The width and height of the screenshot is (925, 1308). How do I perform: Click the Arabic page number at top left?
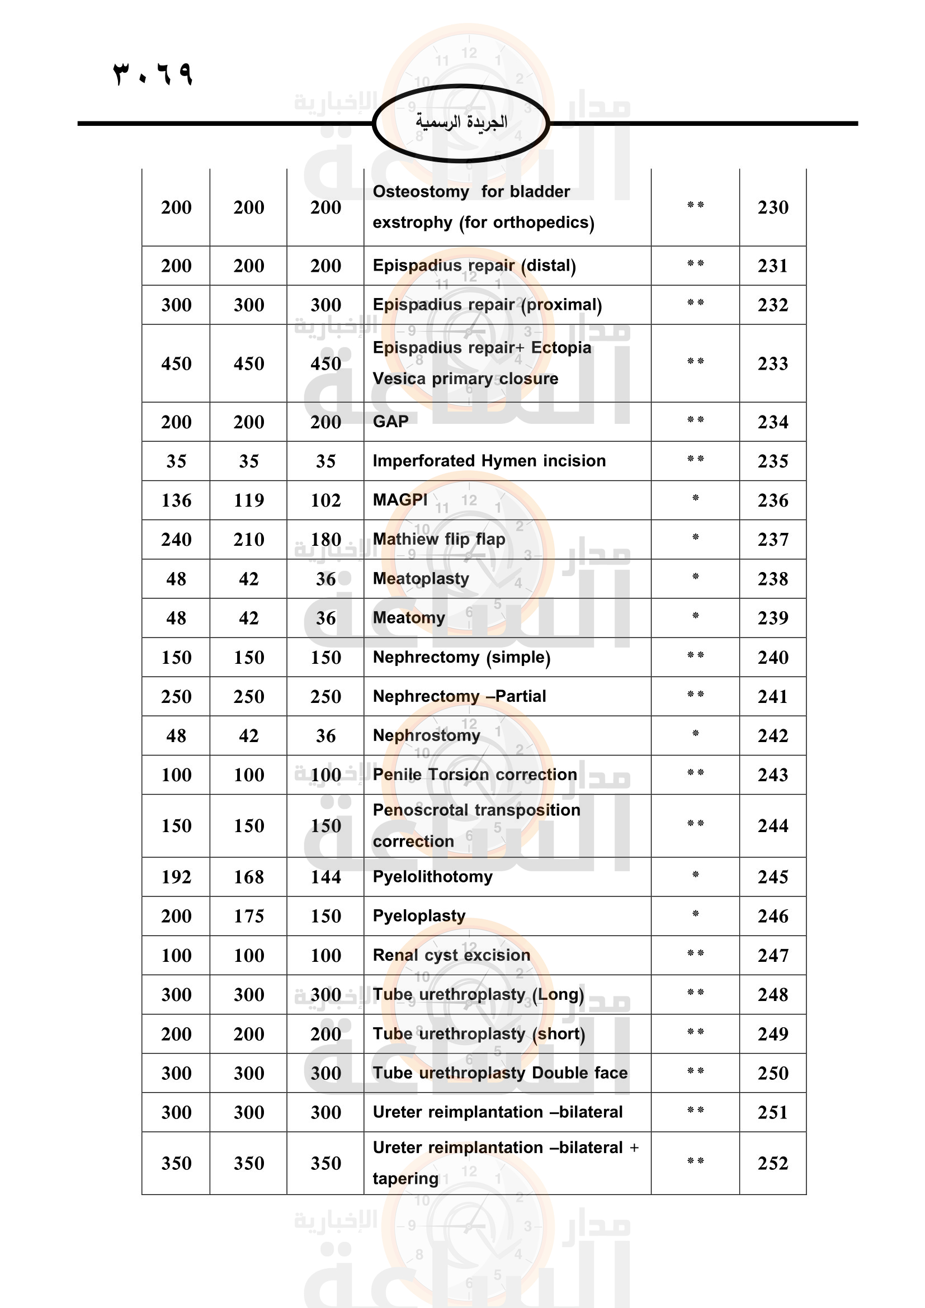pos(153,73)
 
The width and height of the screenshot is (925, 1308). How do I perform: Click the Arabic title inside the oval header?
pos(461,122)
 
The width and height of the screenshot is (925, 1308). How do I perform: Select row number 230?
pos(772,207)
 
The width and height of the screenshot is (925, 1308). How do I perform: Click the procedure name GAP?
pos(391,422)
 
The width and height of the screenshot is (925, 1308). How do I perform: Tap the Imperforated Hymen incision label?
pos(489,461)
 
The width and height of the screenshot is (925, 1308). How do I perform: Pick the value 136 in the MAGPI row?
pos(176,500)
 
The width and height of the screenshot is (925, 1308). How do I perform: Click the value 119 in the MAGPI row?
pos(249,500)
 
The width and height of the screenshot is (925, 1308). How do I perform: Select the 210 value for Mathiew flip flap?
pos(249,540)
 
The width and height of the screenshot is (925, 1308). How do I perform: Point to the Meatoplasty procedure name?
pos(421,579)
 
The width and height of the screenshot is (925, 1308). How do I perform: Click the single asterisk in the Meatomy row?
pos(695,616)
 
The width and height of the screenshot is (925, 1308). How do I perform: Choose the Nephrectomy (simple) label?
pos(461,658)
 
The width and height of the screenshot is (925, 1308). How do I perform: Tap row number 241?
pos(772,696)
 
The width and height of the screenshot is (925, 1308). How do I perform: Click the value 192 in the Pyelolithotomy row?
pos(176,877)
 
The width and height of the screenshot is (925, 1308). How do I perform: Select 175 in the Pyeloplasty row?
pos(249,916)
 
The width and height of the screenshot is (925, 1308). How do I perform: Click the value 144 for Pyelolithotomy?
pos(326,877)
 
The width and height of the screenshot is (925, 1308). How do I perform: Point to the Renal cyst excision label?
pos(451,955)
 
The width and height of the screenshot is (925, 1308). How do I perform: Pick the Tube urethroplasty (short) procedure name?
pos(479,1034)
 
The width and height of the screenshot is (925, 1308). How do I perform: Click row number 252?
pos(772,1163)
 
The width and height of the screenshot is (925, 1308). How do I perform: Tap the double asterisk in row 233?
pos(695,362)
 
